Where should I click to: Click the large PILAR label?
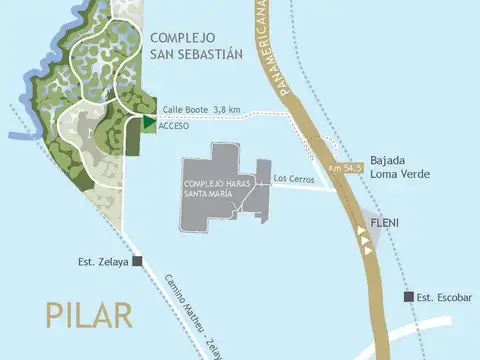click(x=89, y=313)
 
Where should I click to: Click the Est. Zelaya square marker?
click(x=137, y=263)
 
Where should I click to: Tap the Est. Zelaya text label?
click(x=104, y=263)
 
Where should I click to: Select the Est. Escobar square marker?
click(x=408, y=297)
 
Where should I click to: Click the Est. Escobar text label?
click(x=443, y=297)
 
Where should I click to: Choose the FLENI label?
click(x=386, y=222)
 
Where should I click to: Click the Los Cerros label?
click(x=294, y=180)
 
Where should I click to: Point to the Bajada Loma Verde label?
click(x=400, y=166)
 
